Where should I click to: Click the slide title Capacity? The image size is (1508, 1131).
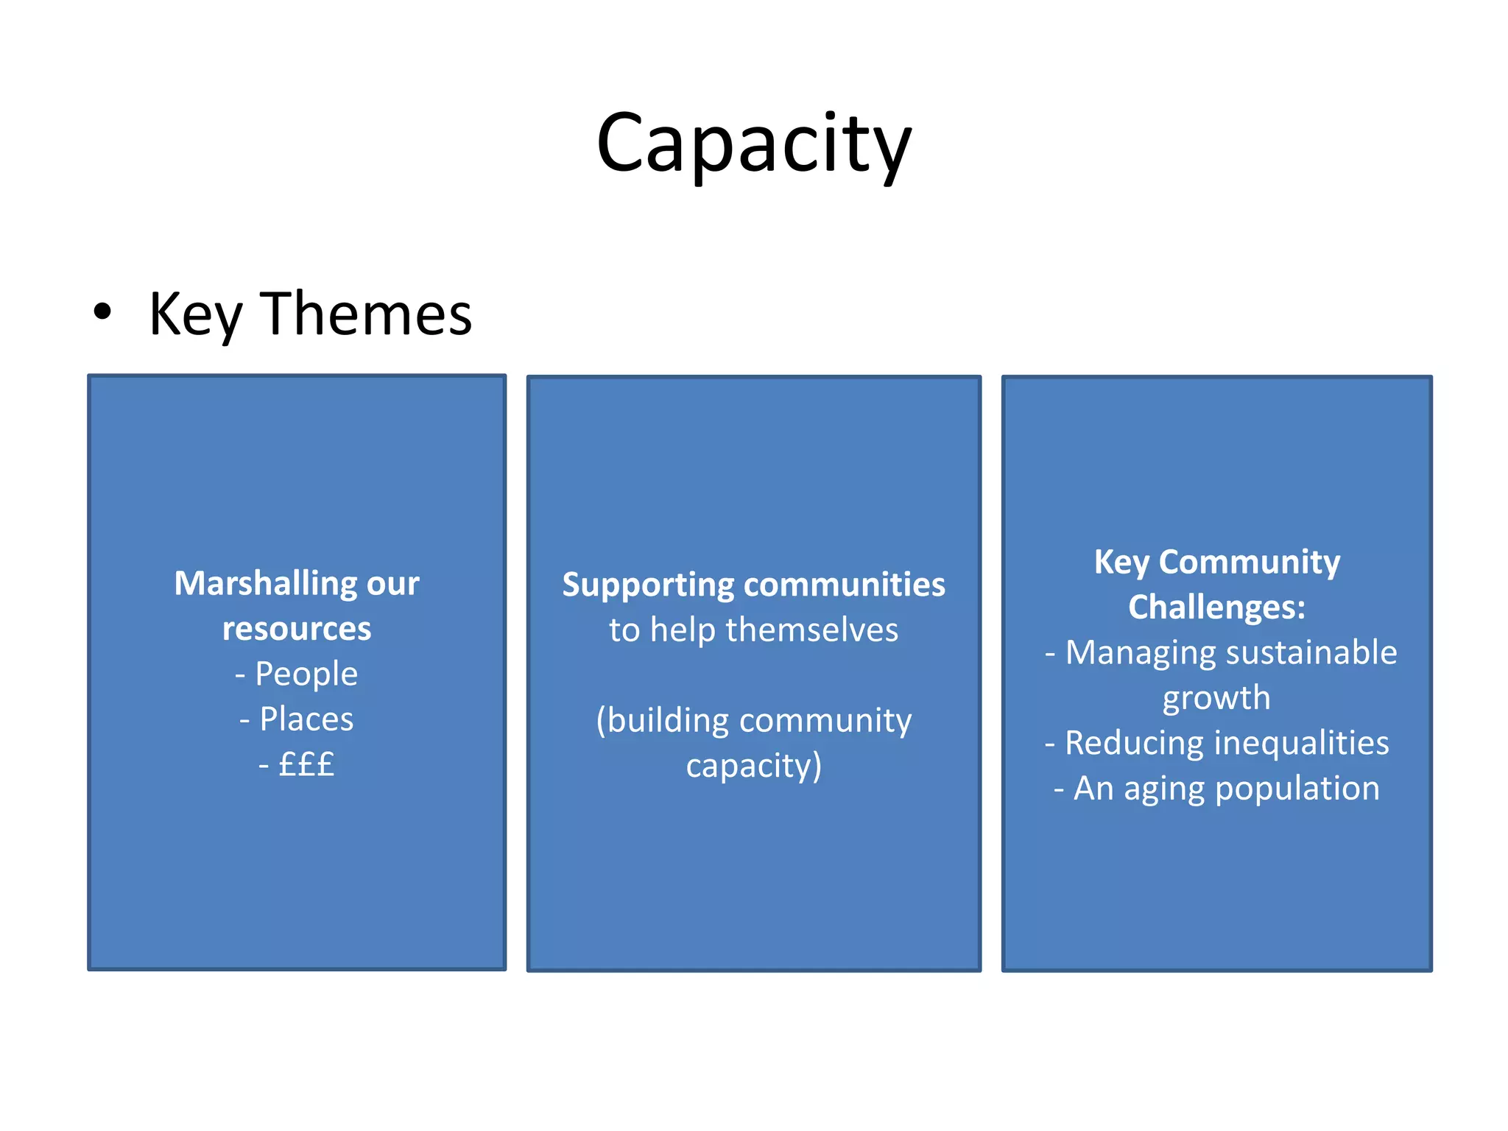[754, 144]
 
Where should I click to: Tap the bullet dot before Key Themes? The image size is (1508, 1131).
[102, 311]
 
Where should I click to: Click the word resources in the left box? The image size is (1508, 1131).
[297, 629]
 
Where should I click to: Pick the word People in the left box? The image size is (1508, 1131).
[306, 674]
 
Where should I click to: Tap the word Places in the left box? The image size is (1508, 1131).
[306, 719]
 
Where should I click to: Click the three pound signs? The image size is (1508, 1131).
[306, 764]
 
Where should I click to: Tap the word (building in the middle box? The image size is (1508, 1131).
[663, 721]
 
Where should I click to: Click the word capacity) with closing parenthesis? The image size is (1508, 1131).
[754, 767]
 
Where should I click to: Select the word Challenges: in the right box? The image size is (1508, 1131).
[1216, 607]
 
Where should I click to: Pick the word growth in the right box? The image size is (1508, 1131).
[1216, 699]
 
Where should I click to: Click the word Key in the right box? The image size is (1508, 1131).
[1121, 563]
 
